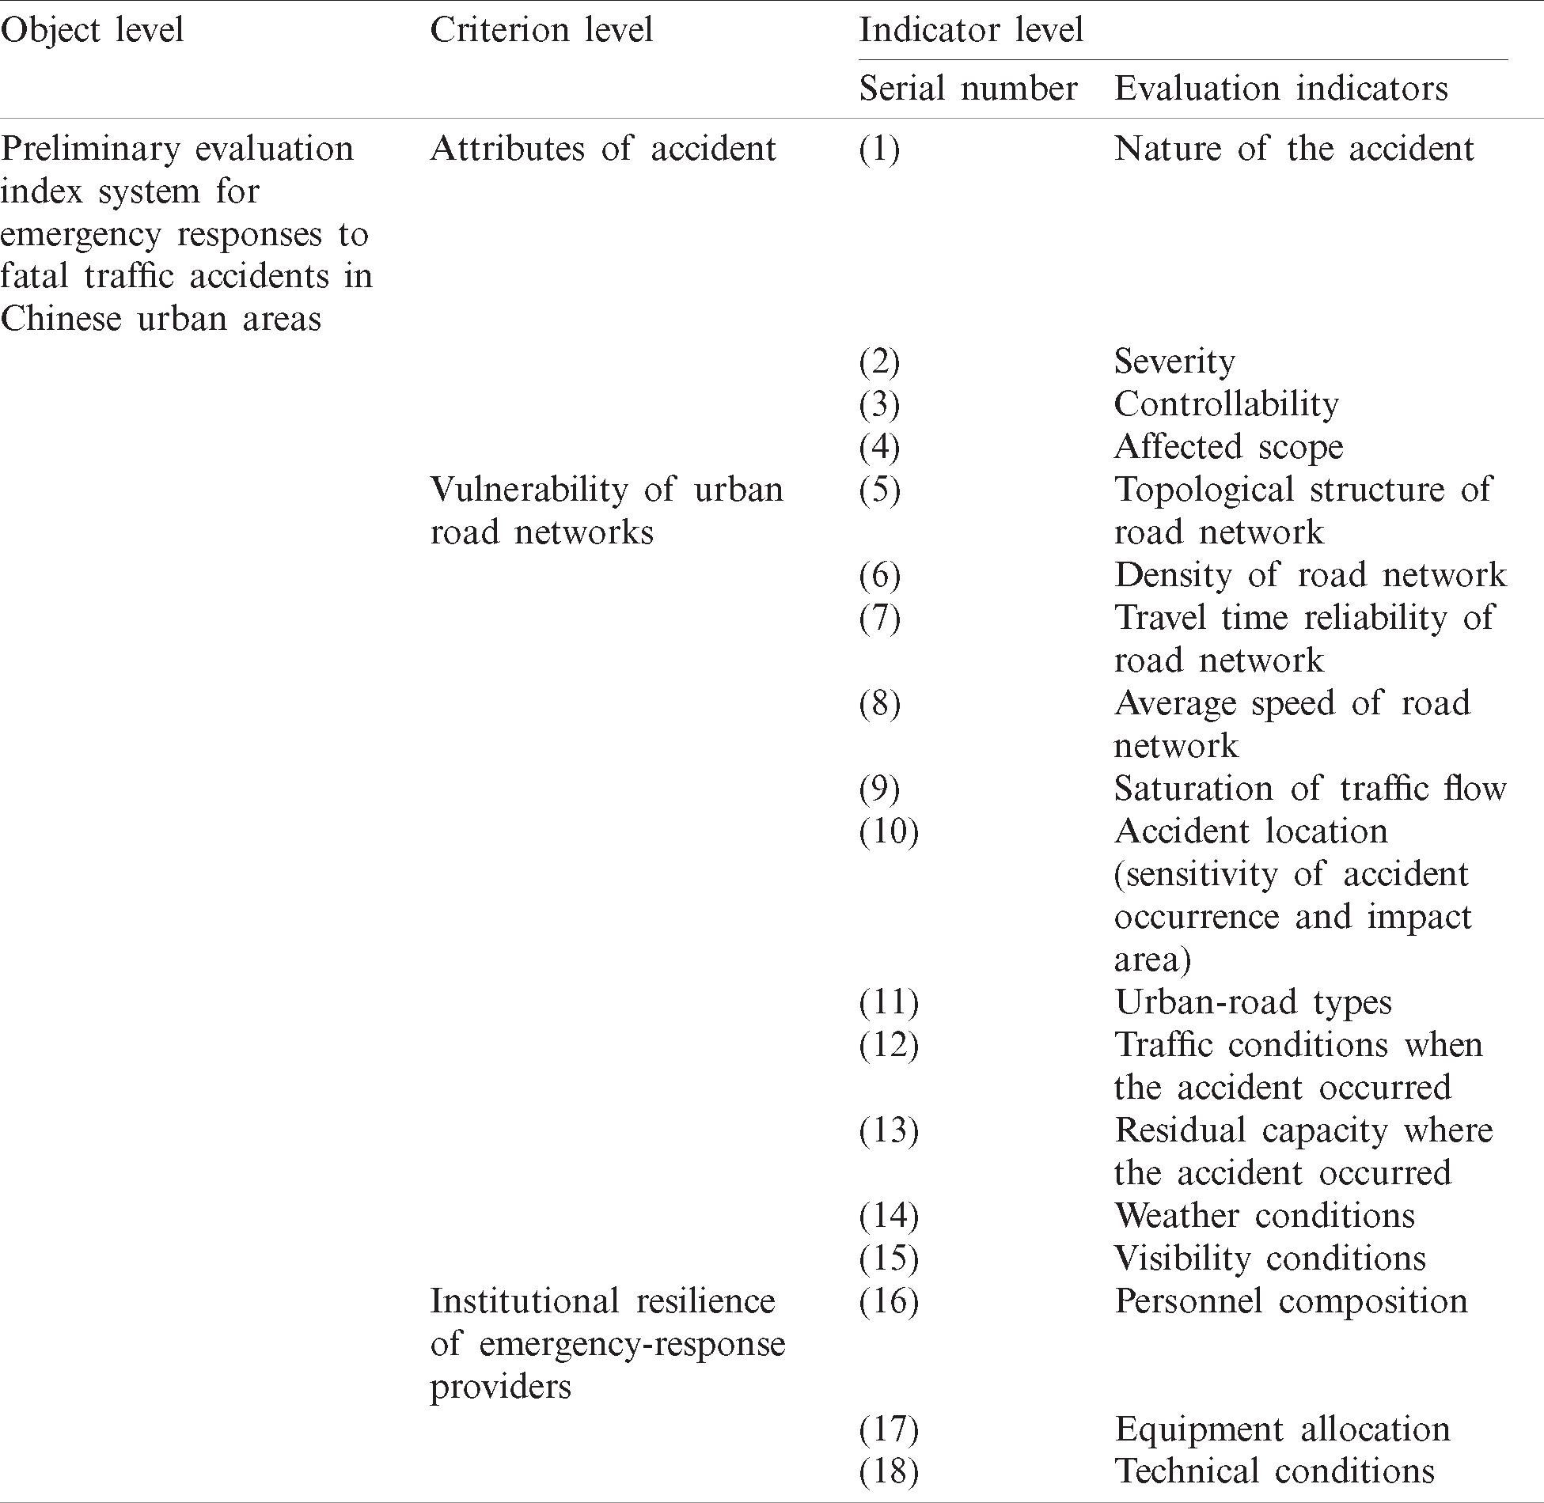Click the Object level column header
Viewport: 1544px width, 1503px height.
tap(92, 30)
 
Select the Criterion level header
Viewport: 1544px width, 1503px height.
tap(541, 30)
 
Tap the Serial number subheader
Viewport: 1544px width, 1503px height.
tap(968, 89)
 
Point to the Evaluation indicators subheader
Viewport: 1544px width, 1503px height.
tap(1280, 89)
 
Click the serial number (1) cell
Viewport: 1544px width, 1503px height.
tap(879, 149)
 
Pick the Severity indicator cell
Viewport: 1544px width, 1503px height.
tap(1174, 362)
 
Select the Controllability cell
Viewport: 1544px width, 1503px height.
tap(1226, 404)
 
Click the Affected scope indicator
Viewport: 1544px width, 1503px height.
tap(1228, 447)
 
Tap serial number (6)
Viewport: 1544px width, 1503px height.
tap(879, 575)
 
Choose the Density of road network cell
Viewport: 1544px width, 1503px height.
tap(1310, 575)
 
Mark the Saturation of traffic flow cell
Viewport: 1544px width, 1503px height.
tap(1310, 789)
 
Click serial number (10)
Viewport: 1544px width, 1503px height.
tap(889, 831)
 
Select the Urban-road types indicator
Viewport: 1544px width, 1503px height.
tap(1252, 1002)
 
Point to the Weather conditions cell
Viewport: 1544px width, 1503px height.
tap(1264, 1216)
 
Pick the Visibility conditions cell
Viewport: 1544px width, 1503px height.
tap(1269, 1259)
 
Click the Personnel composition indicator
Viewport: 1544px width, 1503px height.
tap(1290, 1301)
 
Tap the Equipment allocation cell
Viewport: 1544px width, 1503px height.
tap(1282, 1429)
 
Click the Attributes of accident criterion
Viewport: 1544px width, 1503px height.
tap(602, 149)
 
